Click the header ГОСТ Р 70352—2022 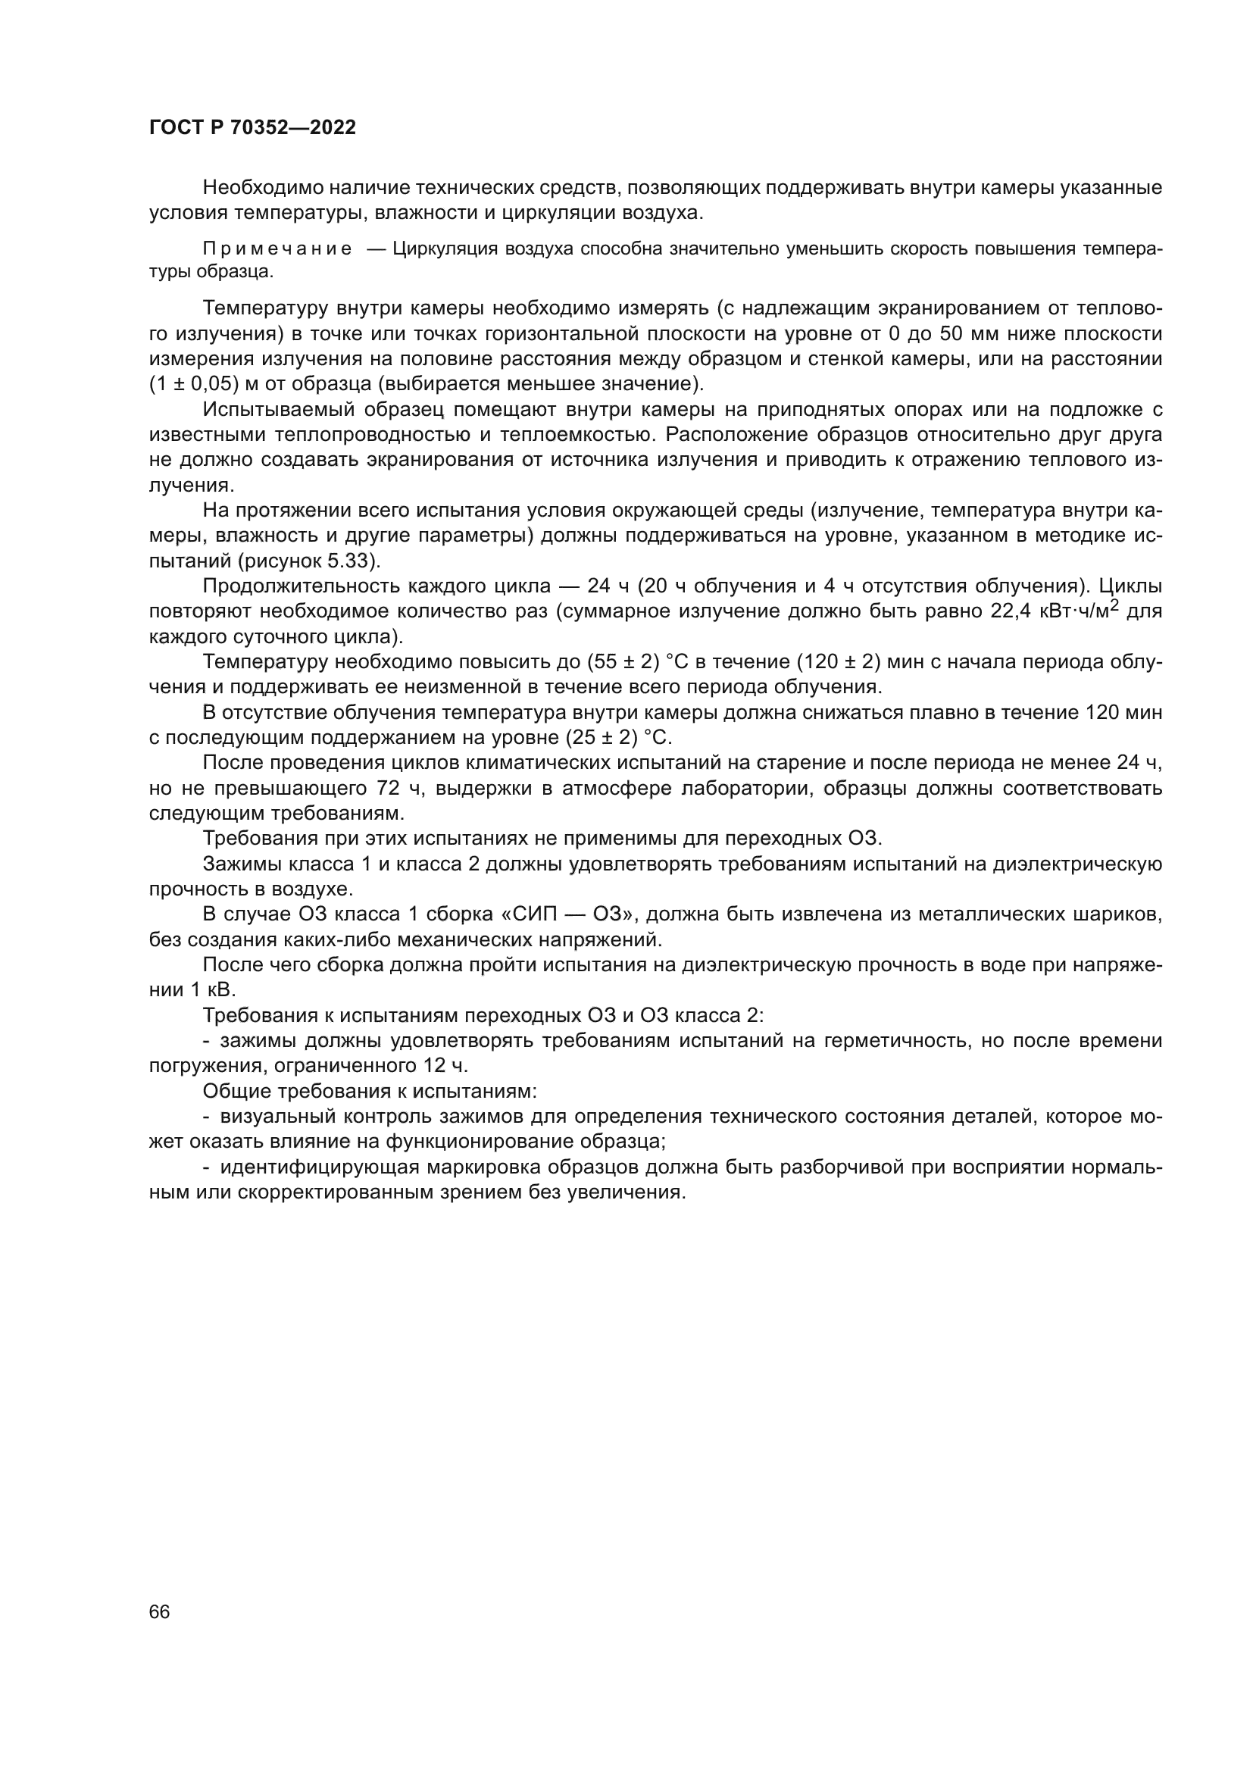(252, 128)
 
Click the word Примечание (277, 249)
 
